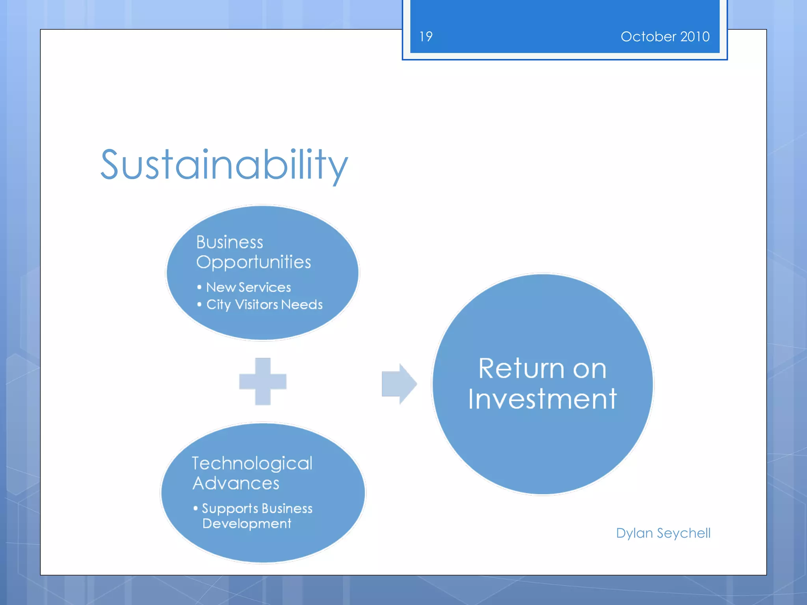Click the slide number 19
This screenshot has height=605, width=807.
pos(426,37)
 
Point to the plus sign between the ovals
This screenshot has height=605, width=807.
pos(263,381)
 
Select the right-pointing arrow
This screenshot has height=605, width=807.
pos(399,384)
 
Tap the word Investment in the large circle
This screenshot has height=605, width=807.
pos(542,399)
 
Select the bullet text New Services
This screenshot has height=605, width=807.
pos(248,287)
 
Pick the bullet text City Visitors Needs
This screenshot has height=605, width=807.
pos(264,304)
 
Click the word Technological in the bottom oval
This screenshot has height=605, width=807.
pos(252,463)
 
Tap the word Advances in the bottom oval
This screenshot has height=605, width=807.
pos(236,483)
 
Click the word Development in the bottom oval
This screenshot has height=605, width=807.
pos(247,523)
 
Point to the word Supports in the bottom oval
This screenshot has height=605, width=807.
pos(230,508)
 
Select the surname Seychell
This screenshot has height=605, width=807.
pos(684,533)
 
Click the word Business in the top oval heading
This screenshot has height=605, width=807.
pos(229,242)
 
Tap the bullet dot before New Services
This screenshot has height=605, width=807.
pos(199,287)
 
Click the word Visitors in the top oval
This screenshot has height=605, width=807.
pos(256,304)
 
